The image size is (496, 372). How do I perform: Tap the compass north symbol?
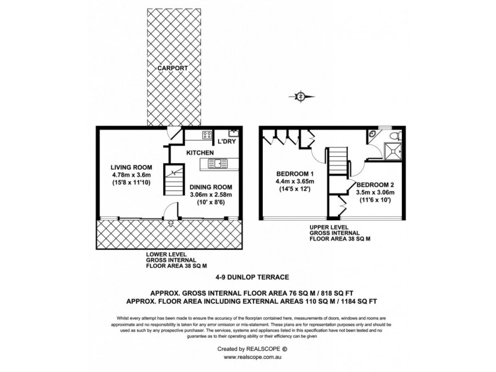coord(301,96)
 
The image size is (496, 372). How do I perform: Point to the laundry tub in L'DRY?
coord(234,133)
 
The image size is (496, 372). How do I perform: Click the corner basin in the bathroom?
coord(371,135)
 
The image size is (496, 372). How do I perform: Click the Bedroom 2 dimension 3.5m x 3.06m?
coord(375,193)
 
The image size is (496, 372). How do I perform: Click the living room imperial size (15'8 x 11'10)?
coord(131,184)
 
